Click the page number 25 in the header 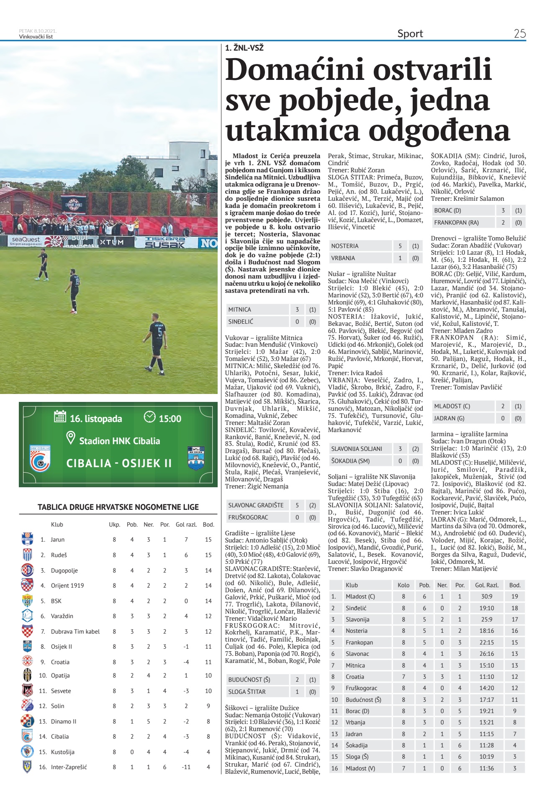(x=519, y=33)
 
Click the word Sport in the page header (x=410, y=33)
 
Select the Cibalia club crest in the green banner (x=40, y=458)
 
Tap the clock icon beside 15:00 (x=149, y=417)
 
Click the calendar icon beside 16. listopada (x=60, y=417)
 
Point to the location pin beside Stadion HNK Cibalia (x=71, y=438)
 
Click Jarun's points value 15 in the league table (x=208, y=540)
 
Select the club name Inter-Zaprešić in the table (x=69, y=767)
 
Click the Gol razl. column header (x=186, y=524)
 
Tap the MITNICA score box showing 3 (x=297, y=309)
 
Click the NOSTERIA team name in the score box (x=345, y=246)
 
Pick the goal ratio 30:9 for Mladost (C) (x=486, y=596)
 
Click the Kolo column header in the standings (x=403, y=585)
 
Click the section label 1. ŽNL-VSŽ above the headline (x=244, y=48)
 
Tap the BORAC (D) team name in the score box (x=447, y=210)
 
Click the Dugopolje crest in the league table (x=27, y=570)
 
